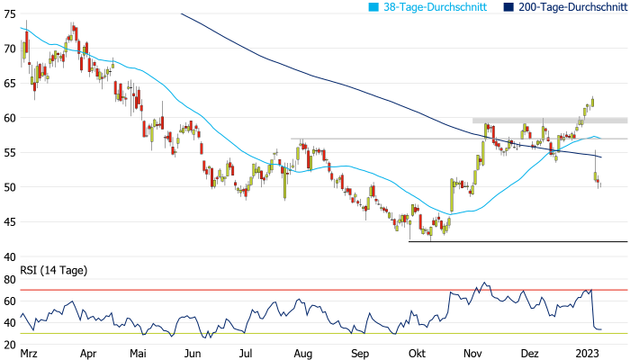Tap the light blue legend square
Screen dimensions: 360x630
point(373,6)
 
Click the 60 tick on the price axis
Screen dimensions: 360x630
point(10,117)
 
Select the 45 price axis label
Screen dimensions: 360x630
point(10,221)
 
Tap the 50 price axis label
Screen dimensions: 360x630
point(10,186)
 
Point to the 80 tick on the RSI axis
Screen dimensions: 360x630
point(10,279)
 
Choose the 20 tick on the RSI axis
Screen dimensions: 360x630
point(10,344)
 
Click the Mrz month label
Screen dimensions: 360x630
point(30,354)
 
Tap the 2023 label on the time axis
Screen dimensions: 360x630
point(589,354)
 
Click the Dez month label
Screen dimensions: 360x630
point(531,354)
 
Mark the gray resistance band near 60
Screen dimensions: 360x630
point(549,120)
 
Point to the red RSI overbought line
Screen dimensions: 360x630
point(270,290)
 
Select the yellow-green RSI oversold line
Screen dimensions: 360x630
point(270,334)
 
